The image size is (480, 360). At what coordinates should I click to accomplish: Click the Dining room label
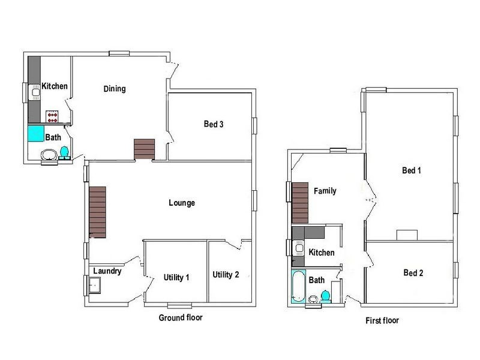click(115, 89)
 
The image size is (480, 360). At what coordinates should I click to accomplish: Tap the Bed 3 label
click(214, 125)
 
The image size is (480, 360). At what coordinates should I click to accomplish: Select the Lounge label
click(182, 203)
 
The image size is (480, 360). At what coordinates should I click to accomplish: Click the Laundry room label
click(107, 271)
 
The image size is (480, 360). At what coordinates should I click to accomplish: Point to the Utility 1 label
click(176, 277)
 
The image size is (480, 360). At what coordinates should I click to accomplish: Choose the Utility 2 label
click(226, 275)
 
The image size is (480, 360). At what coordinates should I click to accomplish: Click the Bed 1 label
click(412, 170)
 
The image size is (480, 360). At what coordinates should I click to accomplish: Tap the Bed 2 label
click(413, 273)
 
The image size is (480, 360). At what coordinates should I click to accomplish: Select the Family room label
click(325, 191)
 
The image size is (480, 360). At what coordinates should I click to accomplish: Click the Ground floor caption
click(180, 317)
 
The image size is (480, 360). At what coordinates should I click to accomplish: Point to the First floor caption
click(382, 320)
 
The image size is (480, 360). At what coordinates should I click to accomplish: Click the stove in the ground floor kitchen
click(52, 115)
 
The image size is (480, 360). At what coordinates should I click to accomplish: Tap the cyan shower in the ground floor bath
click(36, 133)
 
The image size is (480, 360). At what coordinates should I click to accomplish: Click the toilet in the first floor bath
click(325, 295)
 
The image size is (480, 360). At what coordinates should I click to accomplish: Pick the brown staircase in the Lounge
click(97, 211)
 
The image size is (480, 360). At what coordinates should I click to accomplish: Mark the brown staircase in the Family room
click(300, 203)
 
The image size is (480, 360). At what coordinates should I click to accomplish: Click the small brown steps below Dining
click(144, 149)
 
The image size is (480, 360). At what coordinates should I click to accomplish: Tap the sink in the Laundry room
click(95, 284)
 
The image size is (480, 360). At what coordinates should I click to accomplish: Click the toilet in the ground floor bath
click(64, 151)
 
